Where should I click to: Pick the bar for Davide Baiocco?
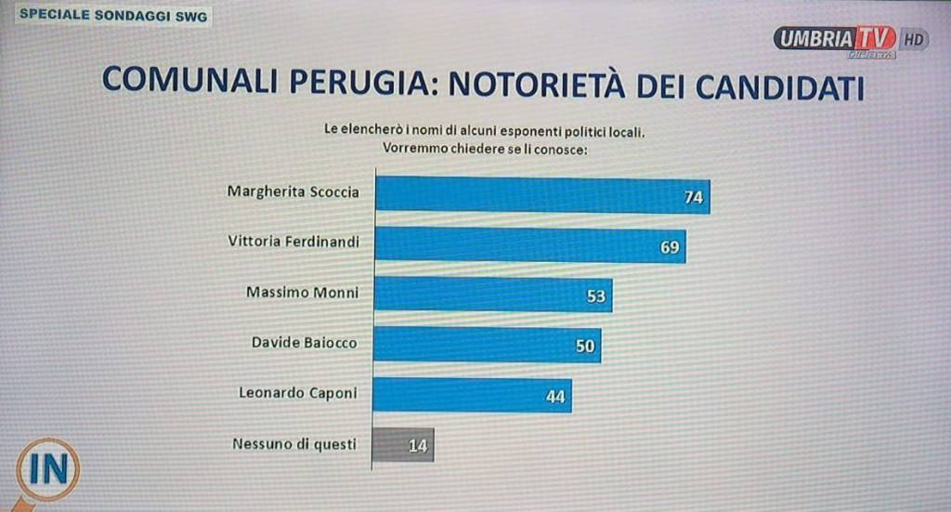(487, 345)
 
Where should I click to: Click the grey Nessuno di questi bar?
(403, 444)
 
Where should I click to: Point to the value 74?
(693, 197)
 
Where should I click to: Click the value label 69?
(670, 247)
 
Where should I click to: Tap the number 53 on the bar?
(595, 296)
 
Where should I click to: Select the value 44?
(555, 397)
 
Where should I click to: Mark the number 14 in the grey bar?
(418, 445)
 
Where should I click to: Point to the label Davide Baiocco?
(304, 343)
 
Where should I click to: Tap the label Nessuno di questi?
(293, 444)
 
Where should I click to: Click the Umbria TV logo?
(835, 40)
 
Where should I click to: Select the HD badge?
(914, 39)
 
